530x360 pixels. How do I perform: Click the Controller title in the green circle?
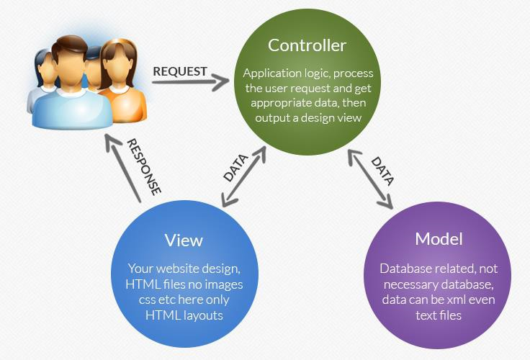coord(307,45)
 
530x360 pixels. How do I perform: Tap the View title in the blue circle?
coord(184,240)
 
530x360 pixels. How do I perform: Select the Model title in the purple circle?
coord(439,239)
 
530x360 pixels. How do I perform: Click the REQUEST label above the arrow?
coord(180,71)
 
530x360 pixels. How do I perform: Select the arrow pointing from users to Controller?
coord(192,83)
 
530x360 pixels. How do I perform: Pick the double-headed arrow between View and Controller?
coord(244,176)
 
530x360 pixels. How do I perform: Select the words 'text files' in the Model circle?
coord(439,315)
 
